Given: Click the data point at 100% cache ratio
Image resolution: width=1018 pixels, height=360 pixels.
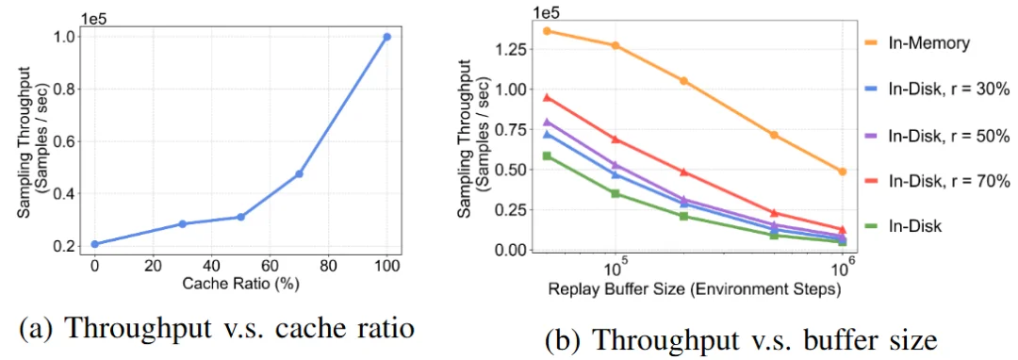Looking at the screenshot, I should pyautogui.click(x=386, y=37).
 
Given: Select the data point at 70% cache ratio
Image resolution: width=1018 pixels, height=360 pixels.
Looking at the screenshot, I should pyautogui.click(x=299, y=173).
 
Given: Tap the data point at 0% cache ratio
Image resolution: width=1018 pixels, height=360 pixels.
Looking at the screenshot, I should pyautogui.click(x=94, y=244).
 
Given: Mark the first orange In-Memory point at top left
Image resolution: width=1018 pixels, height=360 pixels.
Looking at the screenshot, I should pyautogui.click(x=547, y=31).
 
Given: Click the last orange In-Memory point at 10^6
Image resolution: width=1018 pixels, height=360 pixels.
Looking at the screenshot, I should pyautogui.click(x=842, y=172).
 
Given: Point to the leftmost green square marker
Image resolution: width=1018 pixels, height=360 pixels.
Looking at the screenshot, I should pyautogui.click(x=547, y=155).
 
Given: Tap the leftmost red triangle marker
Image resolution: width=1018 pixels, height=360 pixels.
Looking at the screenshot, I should pyautogui.click(x=547, y=96).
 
